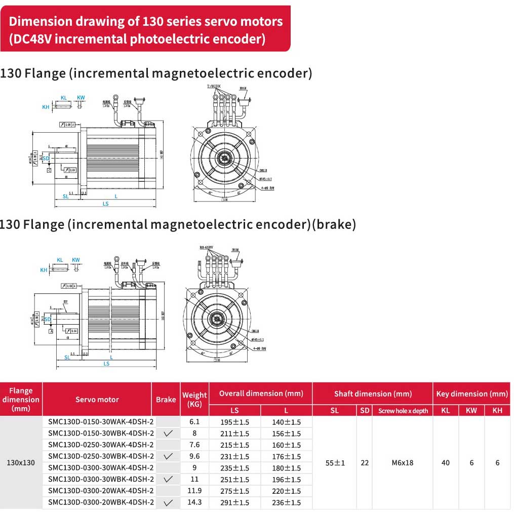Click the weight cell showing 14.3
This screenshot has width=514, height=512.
(194, 502)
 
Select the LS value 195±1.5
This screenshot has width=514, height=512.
(234, 422)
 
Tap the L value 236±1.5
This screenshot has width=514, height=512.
(286, 502)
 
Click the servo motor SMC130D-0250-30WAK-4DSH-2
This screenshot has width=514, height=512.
(101, 445)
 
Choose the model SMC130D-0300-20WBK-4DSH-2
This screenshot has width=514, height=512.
(101, 502)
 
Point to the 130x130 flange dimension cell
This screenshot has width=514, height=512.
(21, 462)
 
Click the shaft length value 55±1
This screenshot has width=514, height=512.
(335, 462)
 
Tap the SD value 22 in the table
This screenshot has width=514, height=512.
(365, 462)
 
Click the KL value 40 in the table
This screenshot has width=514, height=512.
(446, 462)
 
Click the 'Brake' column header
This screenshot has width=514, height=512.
(166, 400)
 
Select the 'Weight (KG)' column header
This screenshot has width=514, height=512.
(194, 400)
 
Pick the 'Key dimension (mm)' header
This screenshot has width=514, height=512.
(471, 393)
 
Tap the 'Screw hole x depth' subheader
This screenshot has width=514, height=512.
(403, 411)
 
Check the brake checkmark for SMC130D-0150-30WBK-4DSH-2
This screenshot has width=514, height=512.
(169, 434)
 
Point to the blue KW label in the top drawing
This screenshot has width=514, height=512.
(81, 97)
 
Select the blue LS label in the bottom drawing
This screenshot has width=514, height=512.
(106, 363)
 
